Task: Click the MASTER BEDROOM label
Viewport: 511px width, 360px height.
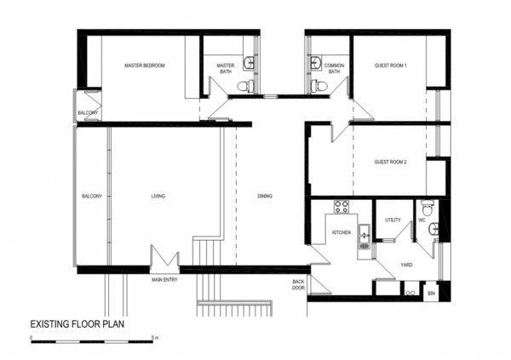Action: [x=144, y=66]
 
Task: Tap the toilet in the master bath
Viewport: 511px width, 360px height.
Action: [x=244, y=85]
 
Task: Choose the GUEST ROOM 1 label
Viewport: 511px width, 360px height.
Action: [x=391, y=66]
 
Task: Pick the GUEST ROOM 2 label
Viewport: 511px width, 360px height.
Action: [x=391, y=162]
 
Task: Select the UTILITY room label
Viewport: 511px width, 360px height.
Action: [x=392, y=220]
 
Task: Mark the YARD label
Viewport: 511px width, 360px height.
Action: [x=406, y=264]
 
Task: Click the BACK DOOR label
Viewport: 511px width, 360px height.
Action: [x=298, y=284]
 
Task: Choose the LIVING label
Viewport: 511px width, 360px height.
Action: [x=158, y=197]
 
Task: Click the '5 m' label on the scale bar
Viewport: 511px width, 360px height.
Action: [x=153, y=338]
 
